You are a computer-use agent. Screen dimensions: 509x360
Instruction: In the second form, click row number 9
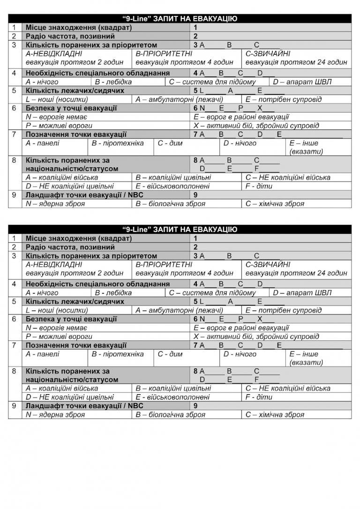[x=15, y=406]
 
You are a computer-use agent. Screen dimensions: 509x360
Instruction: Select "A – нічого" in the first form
[x=42, y=82]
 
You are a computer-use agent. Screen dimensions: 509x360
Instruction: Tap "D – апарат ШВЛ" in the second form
[x=302, y=293]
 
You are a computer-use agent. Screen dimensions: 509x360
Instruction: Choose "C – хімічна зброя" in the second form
[x=275, y=415]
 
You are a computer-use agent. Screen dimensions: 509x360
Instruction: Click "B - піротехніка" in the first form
[x=118, y=143]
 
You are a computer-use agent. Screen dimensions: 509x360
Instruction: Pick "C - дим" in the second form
[x=170, y=354]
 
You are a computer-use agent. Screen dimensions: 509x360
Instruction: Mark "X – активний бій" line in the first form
[x=256, y=126]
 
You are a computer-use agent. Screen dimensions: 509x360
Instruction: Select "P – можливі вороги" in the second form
[x=59, y=337]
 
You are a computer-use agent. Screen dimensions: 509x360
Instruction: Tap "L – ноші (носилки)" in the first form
[x=57, y=99]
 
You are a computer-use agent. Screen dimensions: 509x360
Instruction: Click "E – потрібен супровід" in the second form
[x=283, y=310]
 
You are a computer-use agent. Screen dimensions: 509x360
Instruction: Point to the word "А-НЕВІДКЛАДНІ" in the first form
[x=54, y=53]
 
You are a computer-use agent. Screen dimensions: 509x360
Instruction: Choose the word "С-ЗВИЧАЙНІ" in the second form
[x=268, y=264]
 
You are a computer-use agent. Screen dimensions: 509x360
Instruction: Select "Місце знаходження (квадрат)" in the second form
[x=79, y=238]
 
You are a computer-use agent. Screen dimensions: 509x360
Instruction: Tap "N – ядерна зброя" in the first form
[x=55, y=204]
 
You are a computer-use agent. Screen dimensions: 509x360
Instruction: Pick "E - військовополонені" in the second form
[x=172, y=397]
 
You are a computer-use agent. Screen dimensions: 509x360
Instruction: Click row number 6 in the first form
[x=15, y=108]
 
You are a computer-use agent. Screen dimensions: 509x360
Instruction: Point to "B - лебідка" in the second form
[x=113, y=293]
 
